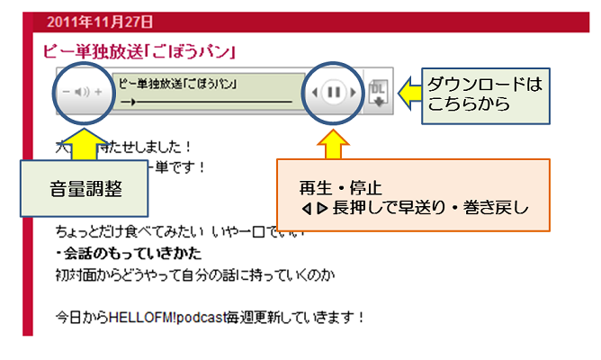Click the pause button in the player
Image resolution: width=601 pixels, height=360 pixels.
pos(334,92)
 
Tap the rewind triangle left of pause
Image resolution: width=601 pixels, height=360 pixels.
pos(314,92)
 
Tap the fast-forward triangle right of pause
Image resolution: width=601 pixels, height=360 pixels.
pos(354,92)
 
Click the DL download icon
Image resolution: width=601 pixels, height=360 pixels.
pos(378,92)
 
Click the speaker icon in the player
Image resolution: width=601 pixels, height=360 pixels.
pos(82,92)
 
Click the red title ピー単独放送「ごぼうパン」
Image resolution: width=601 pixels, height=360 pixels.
pos(140,50)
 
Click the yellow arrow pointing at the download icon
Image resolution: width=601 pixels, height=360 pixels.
pos(409,90)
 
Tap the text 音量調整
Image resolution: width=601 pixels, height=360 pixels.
pos(85,190)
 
